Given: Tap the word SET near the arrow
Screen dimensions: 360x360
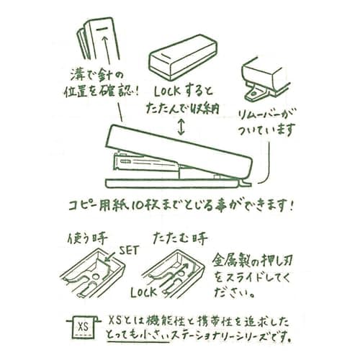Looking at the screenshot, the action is pos(130,251).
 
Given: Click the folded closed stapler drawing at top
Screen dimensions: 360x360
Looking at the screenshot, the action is pos(183,57).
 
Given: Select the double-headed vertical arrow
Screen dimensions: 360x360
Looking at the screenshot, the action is pos(181,127).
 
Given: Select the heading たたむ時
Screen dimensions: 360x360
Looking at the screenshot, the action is pos(180,238).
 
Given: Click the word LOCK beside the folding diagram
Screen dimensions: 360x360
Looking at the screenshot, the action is pos(143,292).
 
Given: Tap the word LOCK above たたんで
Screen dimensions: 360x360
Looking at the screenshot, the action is pos(167,91).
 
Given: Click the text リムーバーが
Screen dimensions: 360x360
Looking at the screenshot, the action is pos(266,116).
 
